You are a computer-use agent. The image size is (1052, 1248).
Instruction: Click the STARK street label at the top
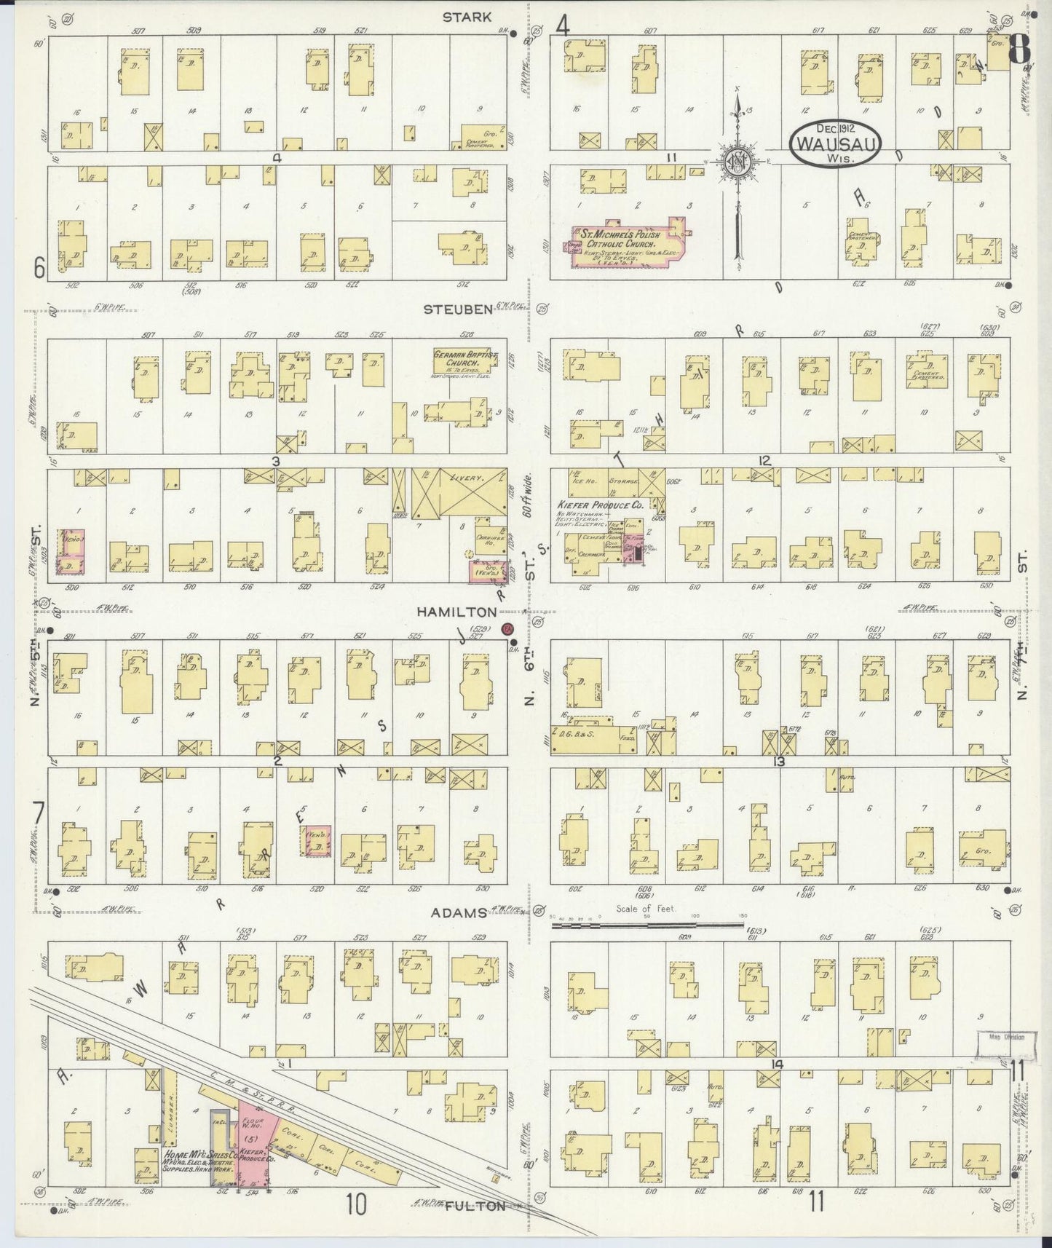click(467, 17)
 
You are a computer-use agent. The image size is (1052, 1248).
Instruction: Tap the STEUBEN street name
click(459, 309)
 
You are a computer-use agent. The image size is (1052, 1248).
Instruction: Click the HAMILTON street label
click(456, 612)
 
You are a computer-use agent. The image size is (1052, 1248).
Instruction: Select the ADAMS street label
click(458, 912)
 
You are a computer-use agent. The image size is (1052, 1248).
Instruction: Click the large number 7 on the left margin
click(39, 811)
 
